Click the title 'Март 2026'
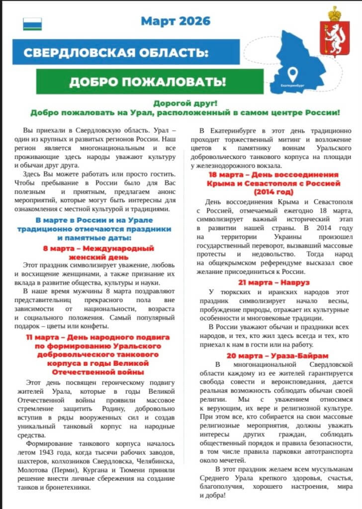coord(175,21)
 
